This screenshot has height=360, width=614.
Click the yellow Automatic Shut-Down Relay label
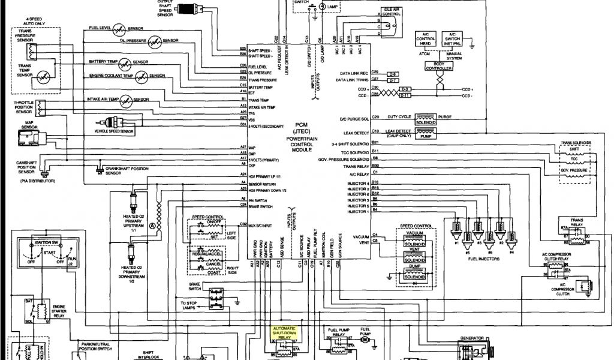[284, 333]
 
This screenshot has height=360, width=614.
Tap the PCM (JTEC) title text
[301, 127]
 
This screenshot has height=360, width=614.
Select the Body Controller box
[438, 65]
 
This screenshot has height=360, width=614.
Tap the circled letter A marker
[152, 225]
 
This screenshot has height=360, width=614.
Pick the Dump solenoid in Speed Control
[414, 276]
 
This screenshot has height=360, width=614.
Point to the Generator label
[472, 338]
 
